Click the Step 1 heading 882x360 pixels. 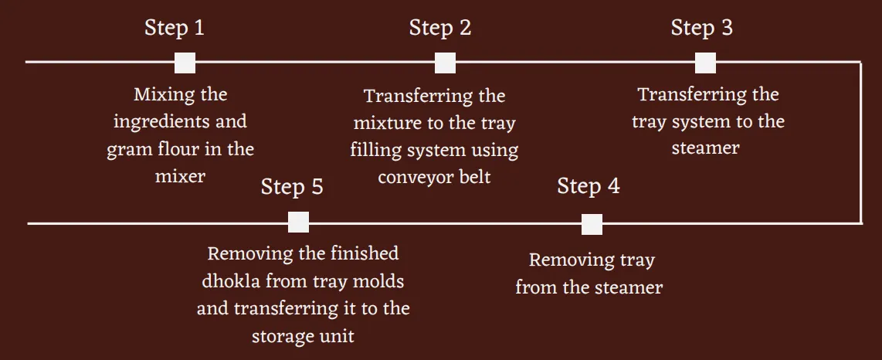click(x=175, y=28)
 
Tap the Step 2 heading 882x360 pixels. click(x=440, y=28)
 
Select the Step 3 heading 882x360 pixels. click(x=702, y=28)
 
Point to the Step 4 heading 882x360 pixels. click(x=589, y=186)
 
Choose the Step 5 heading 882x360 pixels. click(x=292, y=187)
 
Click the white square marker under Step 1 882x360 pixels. click(x=185, y=63)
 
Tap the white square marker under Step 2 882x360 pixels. click(x=445, y=63)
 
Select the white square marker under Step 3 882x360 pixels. click(x=705, y=63)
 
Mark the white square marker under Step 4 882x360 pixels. click(x=592, y=225)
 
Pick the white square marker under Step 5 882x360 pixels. click(x=299, y=222)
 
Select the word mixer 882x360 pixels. click(x=180, y=176)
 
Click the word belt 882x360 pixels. click(x=475, y=176)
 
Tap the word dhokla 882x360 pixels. click(x=231, y=280)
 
